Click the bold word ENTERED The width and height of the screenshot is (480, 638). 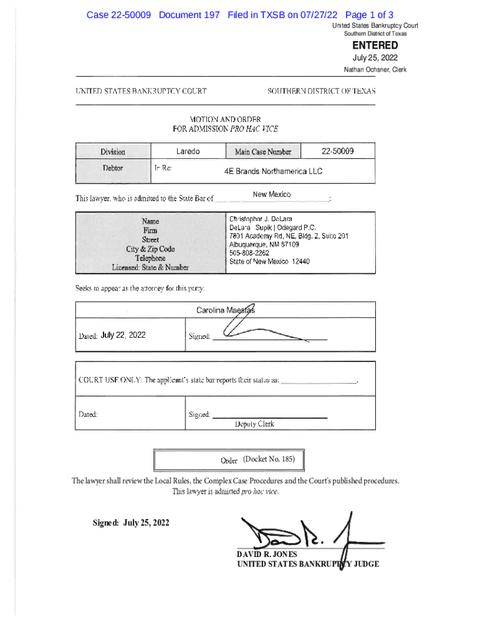coord(375,45)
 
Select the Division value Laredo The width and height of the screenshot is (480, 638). coord(188,151)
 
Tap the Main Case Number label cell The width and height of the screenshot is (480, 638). coord(262,152)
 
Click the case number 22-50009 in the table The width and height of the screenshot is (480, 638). coord(337,151)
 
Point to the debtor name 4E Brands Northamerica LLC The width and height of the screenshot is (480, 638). coord(274,171)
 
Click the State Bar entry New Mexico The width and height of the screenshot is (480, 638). coord(271,195)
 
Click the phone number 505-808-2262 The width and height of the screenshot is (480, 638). coord(249,253)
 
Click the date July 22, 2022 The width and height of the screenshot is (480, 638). coord(123,335)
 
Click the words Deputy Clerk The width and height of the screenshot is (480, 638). coord(254,424)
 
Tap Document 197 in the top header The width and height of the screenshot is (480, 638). coord(189,15)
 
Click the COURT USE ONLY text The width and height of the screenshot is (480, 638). coord(110,379)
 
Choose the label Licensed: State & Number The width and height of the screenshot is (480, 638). coord(150,268)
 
